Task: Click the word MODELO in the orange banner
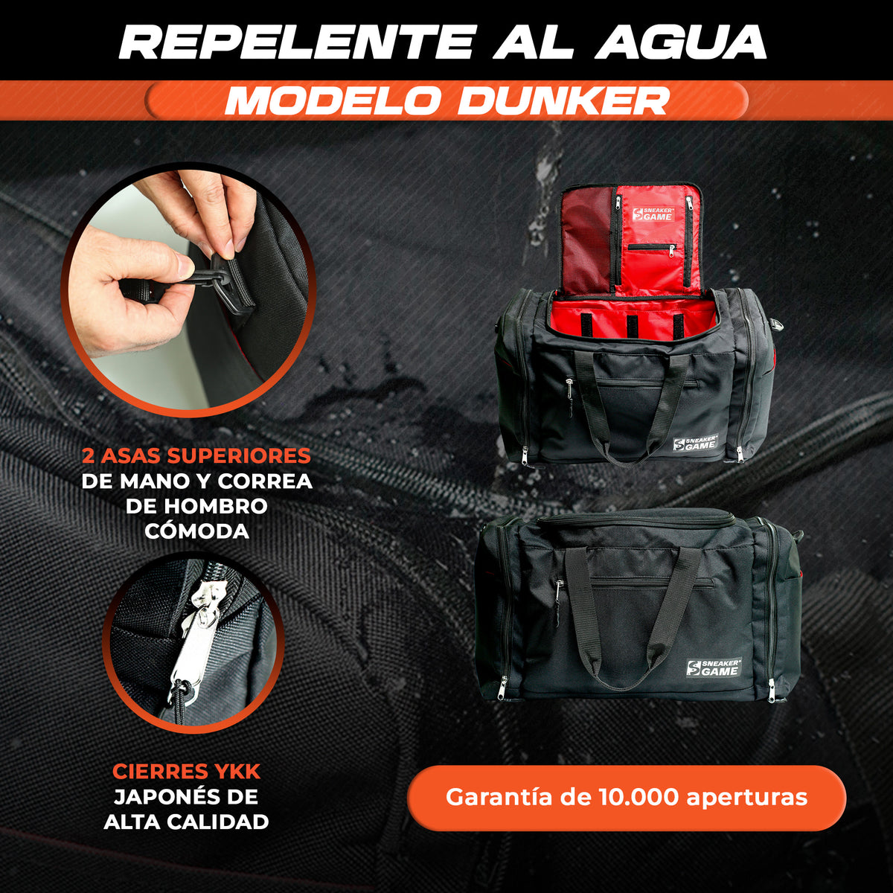click(x=335, y=100)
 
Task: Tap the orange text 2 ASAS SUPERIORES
click(x=196, y=455)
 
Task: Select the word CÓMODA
click(x=196, y=531)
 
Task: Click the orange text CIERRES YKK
click(x=186, y=771)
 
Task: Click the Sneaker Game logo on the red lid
click(x=653, y=214)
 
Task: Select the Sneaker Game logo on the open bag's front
click(x=696, y=444)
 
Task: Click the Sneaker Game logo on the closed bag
click(x=714, y=667)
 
